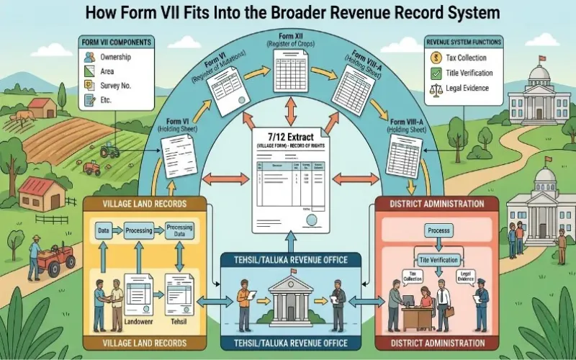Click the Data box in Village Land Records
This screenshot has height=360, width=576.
pyautogui.click(x=104, y=231)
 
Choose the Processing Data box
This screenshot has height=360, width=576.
pyautogui.click(x=180, y=231)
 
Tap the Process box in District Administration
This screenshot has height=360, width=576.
pyautogui.click(x=438, y=230)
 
